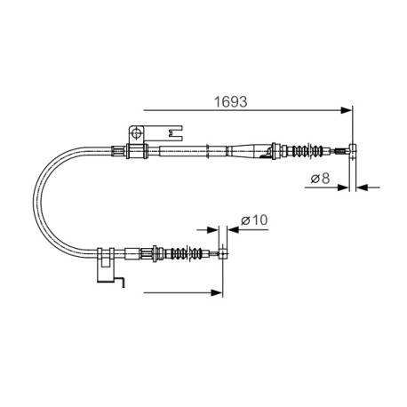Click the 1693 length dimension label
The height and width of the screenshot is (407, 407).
(230, 102)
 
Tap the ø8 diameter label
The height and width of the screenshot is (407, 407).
(320, 179)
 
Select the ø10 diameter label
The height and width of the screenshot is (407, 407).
(254, 220)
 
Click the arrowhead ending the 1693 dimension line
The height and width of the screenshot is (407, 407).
(347, 110)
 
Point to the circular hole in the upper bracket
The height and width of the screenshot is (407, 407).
(136, 132)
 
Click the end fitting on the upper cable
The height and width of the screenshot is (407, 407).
(353, 151)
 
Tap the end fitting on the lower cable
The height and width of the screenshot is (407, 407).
(223, 253)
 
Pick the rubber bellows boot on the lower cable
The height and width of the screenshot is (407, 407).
(188, 253)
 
